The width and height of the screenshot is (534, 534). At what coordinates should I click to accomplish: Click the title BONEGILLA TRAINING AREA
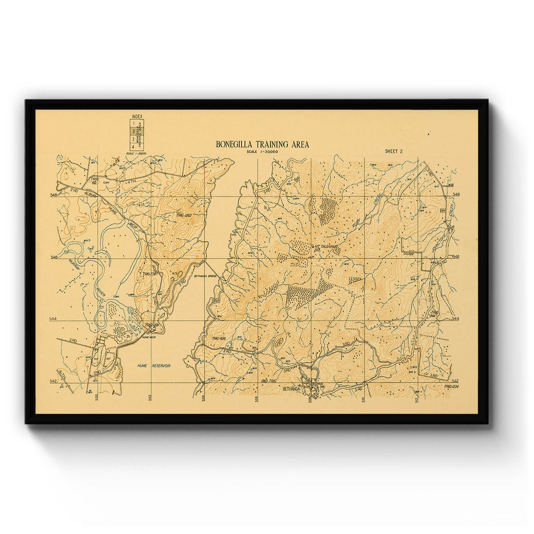click(x=262, y=144)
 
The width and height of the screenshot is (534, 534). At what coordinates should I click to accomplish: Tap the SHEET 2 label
click(x=394, y=151)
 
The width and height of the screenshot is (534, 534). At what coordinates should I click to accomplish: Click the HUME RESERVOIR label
click(x=154, y=366)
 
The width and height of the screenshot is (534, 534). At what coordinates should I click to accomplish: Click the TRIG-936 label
click(x=219, y=339)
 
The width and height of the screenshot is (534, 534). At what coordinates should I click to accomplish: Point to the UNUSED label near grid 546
click(x=408, y=254)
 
